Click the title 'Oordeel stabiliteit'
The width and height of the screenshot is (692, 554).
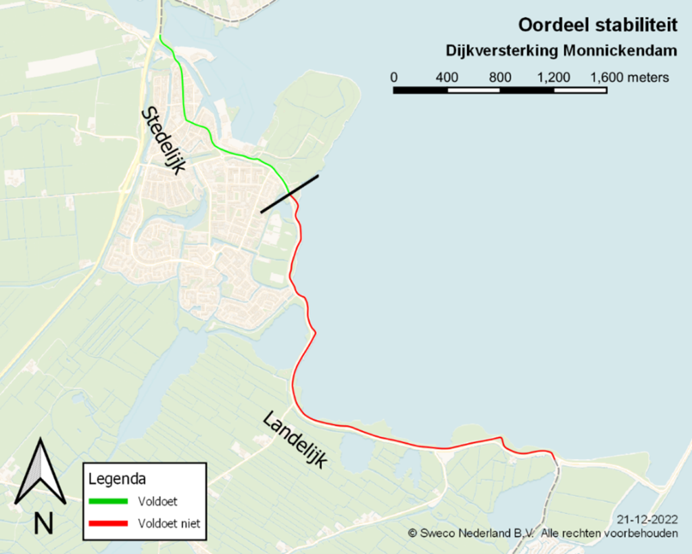point(597,25)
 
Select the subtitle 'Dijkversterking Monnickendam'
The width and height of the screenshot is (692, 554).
point(562,51)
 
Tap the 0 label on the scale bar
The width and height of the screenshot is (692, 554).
point(394,77)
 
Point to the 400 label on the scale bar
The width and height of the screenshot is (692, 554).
point(447,77)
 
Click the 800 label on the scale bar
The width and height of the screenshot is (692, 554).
point(500,77)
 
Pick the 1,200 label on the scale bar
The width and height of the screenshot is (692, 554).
point(553,77)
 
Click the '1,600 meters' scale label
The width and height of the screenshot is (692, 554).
point(630,77)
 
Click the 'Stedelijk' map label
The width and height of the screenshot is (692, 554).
point(163,141)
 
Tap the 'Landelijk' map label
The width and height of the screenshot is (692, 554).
point(295,440)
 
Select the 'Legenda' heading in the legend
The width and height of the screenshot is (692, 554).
point(118,479)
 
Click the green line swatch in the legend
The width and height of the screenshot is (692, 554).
point(108,502)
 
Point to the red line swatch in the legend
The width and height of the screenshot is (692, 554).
point(108,524)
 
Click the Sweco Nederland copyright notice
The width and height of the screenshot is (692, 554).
point(543,533)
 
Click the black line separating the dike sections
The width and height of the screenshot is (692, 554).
point(289,194)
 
